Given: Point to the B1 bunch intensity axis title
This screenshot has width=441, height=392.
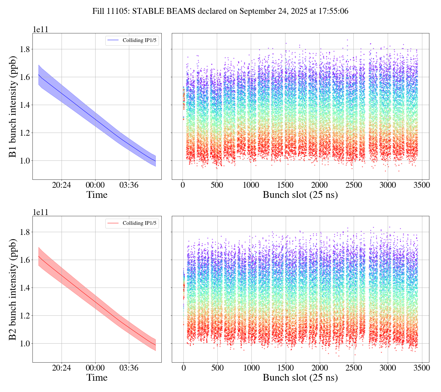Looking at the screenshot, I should [13, 106].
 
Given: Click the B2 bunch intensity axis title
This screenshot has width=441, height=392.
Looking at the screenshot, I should [13, 289].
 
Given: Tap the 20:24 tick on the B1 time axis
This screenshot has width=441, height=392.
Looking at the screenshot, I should [62, 186].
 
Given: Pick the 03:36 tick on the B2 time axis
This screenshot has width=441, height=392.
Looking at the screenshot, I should [128, 368].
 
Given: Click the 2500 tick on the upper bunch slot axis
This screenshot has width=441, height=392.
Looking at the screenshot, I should [353, 186].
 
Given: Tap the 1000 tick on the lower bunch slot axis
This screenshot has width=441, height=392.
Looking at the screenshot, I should [251, 368].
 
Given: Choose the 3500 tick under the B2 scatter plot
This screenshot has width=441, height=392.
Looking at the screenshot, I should [422, 368].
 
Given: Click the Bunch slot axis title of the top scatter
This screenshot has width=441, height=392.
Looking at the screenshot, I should [300, 195].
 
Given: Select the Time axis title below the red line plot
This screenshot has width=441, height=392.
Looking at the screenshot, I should [97, 378].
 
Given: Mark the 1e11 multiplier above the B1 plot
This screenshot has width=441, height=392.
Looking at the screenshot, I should [40, 30].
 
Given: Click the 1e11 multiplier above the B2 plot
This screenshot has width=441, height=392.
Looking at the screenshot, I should [40, 212].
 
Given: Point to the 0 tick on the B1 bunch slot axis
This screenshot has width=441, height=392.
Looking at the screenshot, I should [183, 186].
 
